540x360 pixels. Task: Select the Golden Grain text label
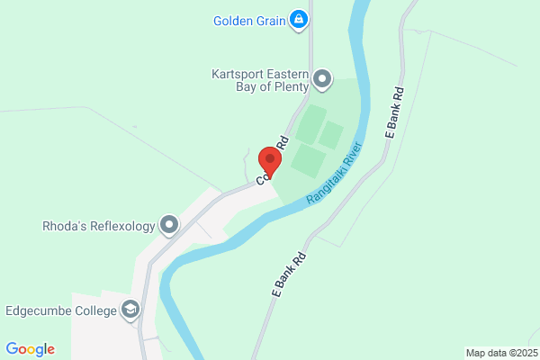tap(248, 20)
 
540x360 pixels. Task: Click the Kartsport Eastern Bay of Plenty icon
tap(322, 80)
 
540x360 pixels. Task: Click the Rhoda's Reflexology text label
tap(99, 226)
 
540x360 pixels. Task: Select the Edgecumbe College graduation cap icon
tap(131, 311)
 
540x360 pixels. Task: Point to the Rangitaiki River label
tap(335, 171)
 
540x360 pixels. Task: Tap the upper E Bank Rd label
tap(392, 112)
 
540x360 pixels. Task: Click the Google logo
tap(30, 349)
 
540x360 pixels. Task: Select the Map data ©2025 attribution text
tap(501, 353)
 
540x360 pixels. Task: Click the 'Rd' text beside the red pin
tap(282, 142)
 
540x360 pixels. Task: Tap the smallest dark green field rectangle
tap(330, 135)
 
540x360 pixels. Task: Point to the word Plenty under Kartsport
tap(287, 87)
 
